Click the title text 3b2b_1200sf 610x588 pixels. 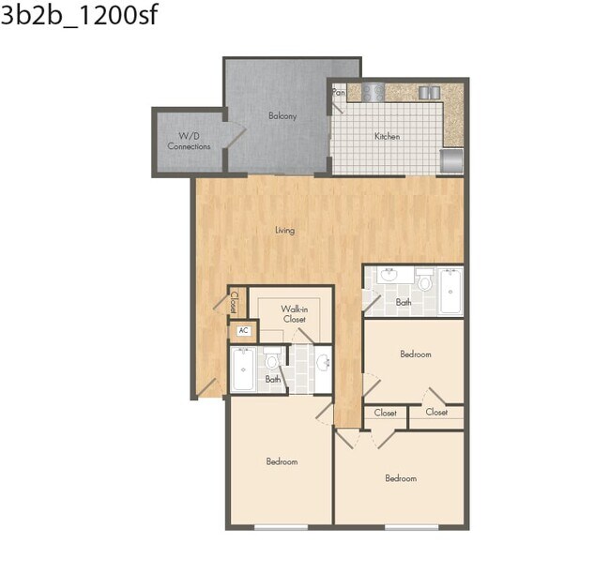79,18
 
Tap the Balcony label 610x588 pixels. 282,116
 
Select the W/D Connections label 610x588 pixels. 189,142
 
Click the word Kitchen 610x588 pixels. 387,137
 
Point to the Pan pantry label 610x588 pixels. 339,93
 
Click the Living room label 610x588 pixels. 284,231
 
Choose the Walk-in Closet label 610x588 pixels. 295,313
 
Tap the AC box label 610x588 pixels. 243,330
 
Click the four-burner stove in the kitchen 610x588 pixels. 374,92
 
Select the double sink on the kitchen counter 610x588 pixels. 429,92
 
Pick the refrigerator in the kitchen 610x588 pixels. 451,160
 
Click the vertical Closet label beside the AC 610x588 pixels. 235,301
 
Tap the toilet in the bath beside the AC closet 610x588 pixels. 272,360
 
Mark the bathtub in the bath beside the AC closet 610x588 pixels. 243,370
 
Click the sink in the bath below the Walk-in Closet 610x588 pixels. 322,362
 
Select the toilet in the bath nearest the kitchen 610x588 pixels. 424,279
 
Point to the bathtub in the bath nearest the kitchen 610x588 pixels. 450,291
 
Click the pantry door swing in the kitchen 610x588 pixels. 339,106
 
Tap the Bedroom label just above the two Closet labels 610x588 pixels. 415,354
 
